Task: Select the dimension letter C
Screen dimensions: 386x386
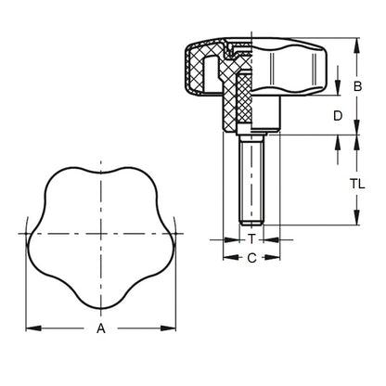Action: (251, 259)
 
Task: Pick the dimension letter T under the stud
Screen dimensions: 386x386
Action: (251, 239)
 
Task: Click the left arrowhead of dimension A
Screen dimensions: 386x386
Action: (29, 327)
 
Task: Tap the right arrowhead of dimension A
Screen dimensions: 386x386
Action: (172, 327)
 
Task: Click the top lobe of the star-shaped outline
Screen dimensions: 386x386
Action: (100, 176)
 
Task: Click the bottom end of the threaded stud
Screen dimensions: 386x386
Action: (251, 224)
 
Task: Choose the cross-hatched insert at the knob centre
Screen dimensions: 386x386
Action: (244, 97)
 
